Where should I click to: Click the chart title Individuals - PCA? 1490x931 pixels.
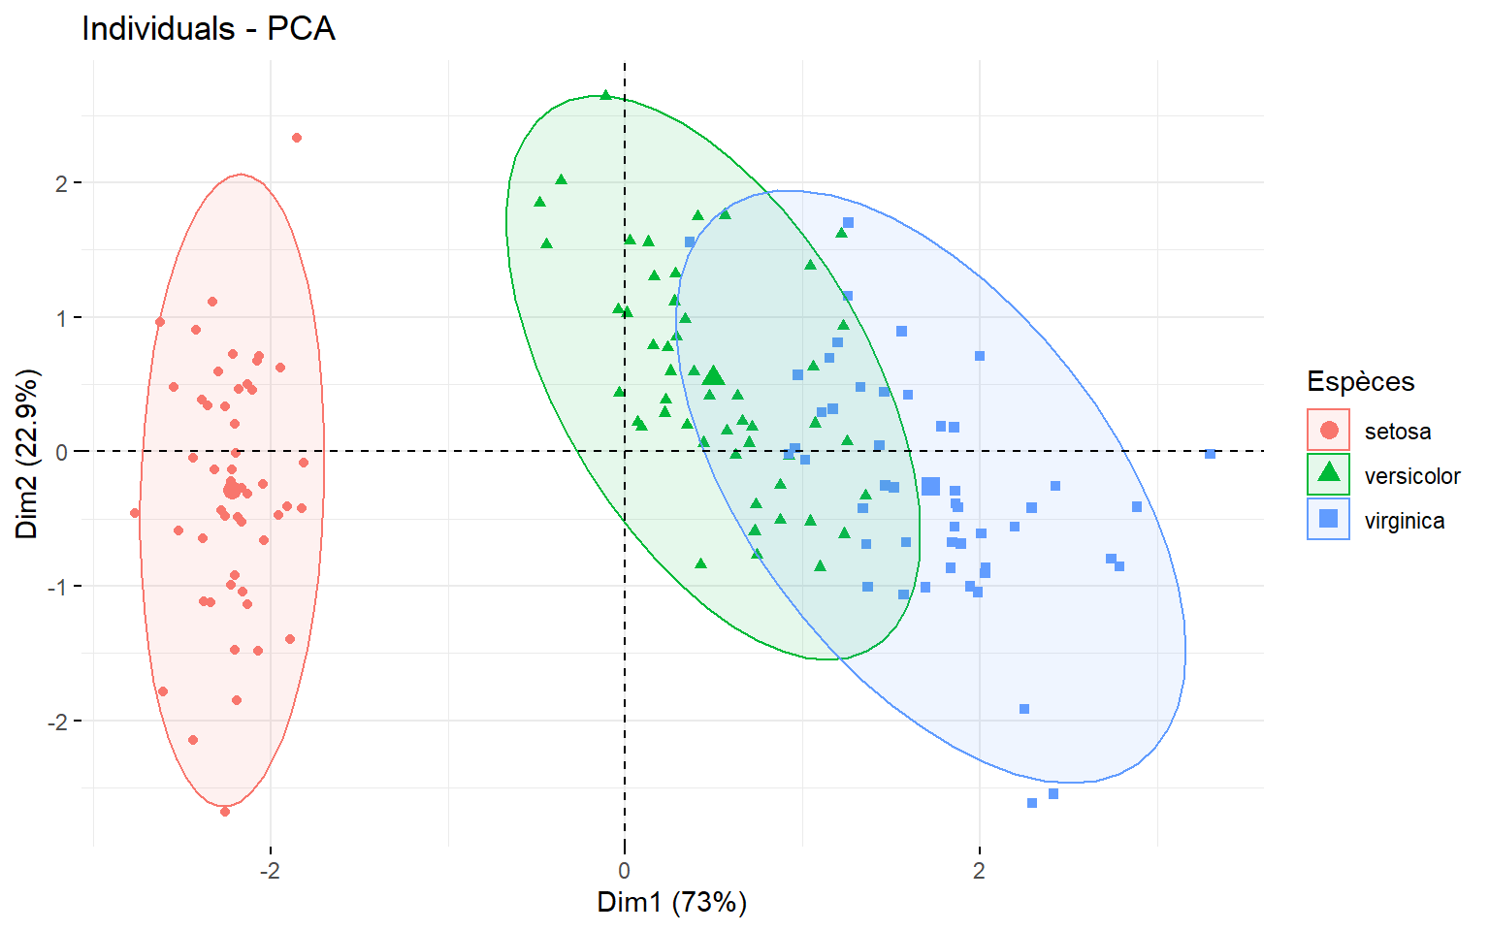(x=209, y=29)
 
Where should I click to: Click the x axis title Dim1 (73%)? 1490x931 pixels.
(x=671, y=903)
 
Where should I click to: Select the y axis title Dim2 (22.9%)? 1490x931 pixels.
(x=27, y=453)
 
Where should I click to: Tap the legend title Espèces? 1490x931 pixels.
(x=1360, y=381)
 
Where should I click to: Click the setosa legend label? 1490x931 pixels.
(x=1397, y=432)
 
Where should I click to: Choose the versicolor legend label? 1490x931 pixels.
(x=1411, y=476)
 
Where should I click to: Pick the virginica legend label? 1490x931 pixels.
(x=1404, y=521)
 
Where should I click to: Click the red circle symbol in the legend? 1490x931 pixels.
(x=1329, y=431)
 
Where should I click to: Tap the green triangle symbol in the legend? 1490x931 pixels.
(x=1329, y=474)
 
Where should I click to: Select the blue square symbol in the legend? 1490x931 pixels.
(x=1329, y=519)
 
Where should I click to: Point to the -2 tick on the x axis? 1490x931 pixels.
(x=270, y=871)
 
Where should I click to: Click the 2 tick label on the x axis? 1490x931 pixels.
(x=979, y=871)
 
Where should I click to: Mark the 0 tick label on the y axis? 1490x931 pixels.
(x=62, y=453)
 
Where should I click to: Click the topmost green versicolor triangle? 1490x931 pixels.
(x=606, y=95)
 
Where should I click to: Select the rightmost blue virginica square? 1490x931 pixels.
(x=1210, y=454)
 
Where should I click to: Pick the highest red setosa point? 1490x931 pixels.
(x=297, y=138)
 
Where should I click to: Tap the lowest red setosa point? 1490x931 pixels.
(x=225, y=812)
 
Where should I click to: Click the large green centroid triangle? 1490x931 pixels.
(x=714, y=376)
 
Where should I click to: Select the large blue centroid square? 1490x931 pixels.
(x=930, y=487)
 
